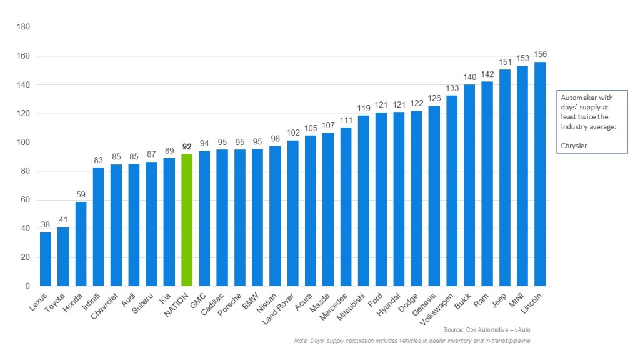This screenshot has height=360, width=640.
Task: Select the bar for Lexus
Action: point(46,259)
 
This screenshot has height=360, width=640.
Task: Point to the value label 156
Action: point(540,54)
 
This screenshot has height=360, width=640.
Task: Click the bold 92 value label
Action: point(187,147)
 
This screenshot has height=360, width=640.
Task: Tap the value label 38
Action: point(46,225)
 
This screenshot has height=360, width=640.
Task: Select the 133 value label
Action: point(452,88)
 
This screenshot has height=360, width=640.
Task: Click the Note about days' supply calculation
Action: point(412,341)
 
